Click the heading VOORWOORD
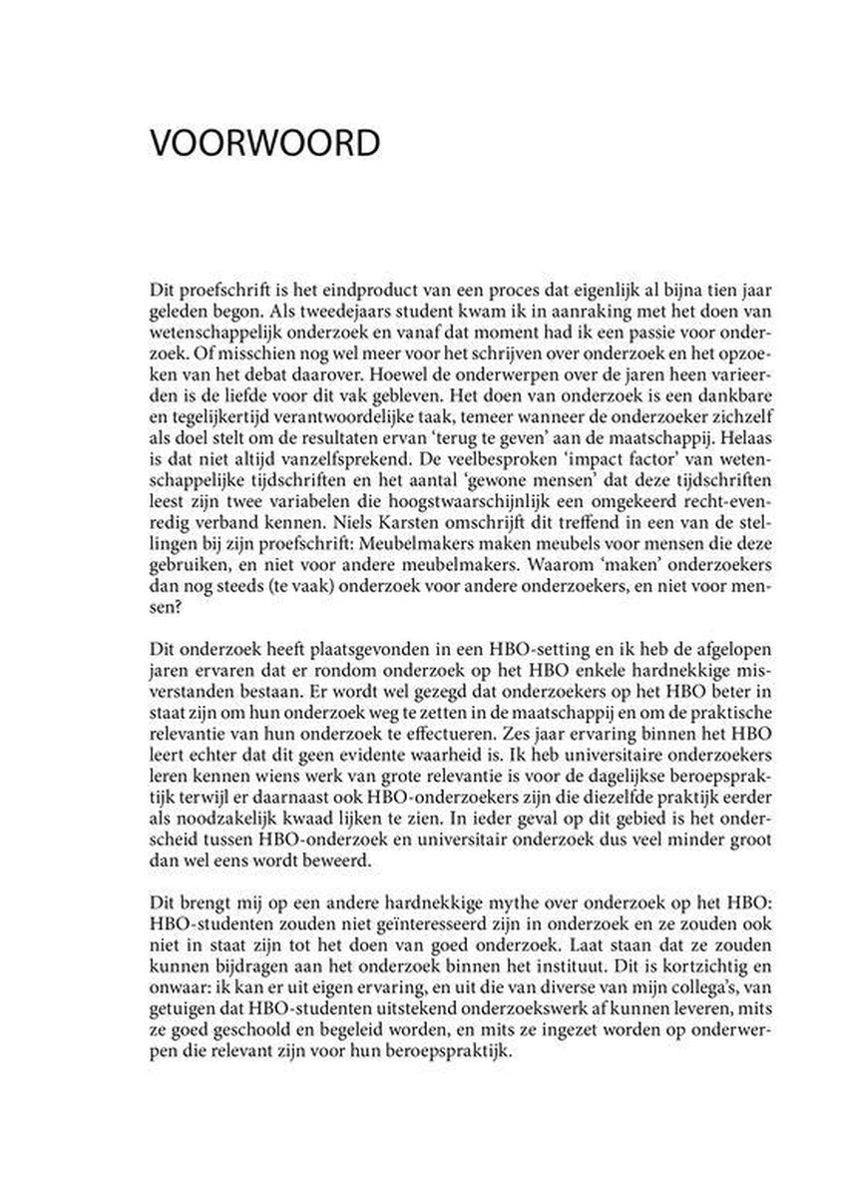pos(264,142)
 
